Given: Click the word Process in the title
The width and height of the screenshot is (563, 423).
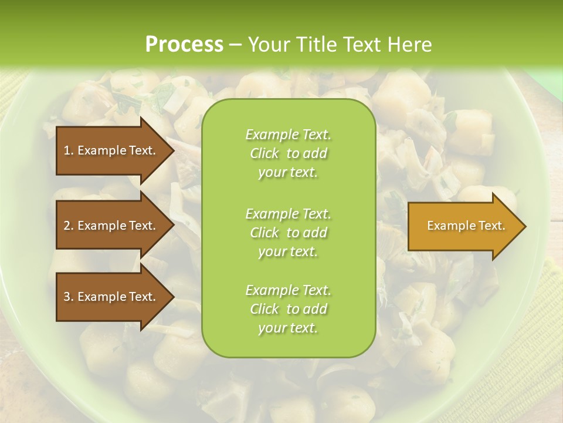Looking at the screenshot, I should (x=184, y=44).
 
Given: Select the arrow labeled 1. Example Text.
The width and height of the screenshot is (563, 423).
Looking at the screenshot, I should (x=111, y=150).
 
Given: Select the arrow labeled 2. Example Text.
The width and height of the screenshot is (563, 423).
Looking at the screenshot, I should (x=111, y=226).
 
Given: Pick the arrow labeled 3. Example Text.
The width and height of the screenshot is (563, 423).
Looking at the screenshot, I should (x=111, y=297).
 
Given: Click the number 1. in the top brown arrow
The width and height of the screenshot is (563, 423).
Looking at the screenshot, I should (x=69, y=150).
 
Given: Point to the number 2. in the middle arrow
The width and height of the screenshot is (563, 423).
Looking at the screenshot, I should (x=69, y=226).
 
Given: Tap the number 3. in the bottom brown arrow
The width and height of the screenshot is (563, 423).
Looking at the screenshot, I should (x=69, y=297).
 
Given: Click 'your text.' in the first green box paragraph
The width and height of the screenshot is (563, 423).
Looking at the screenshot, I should (x=288, y=173).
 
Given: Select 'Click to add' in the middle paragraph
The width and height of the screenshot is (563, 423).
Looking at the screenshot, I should (x=288, y=233).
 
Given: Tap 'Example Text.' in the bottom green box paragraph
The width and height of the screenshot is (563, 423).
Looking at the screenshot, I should (x=288, y=290).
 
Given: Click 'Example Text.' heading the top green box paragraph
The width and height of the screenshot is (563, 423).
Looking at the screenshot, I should (x=288, y=135).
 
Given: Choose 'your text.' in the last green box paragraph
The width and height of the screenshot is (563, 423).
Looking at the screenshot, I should (x=288, y=328).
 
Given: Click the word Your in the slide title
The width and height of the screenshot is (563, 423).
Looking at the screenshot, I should (x=267, y=44).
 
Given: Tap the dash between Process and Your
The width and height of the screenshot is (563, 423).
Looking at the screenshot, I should (x=235, y=45).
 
